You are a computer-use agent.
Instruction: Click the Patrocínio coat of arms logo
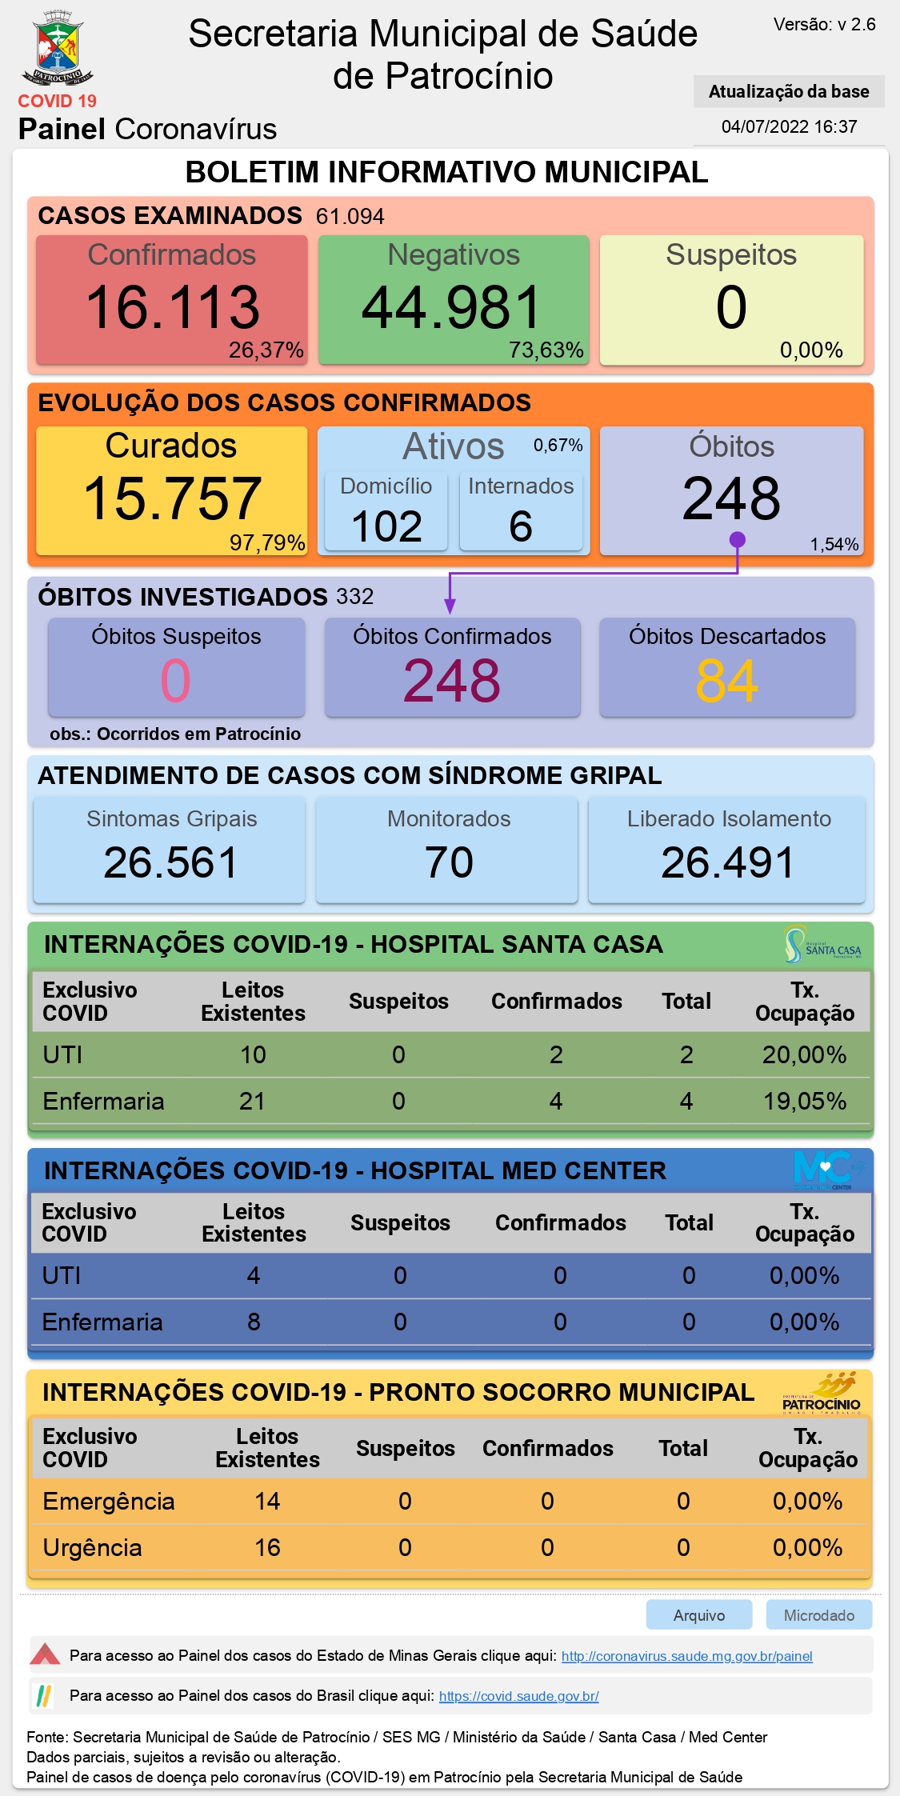[x=58, y=48]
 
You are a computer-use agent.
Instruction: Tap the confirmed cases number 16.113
[x=173, y=307]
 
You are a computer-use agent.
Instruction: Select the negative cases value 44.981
[x=452, y=307]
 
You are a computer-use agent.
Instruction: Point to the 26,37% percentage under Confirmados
[x=266, y=350]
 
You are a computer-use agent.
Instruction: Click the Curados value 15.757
[x=173, y=498]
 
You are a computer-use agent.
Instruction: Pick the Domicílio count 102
[x=386, y=526]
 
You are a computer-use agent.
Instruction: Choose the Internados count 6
[x=521, y=526]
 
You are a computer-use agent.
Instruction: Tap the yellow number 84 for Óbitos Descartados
[x=726, y=681]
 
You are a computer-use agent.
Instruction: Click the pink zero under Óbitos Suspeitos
[x=176, y=681]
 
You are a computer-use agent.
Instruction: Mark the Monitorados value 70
[x=449, y=862]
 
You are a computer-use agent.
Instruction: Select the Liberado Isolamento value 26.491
[x=727, y=862]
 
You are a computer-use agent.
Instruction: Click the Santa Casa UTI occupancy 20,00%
[x=804, y=1054]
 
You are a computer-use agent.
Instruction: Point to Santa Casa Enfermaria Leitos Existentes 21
[x=252, y=1101]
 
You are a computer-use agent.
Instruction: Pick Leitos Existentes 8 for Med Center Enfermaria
[x=254, y=1322]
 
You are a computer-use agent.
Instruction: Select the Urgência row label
[x=92, y=1547]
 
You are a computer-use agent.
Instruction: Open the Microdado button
[x=819, y=1614]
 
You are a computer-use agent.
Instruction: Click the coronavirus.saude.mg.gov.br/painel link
[x=687, y=1656]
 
